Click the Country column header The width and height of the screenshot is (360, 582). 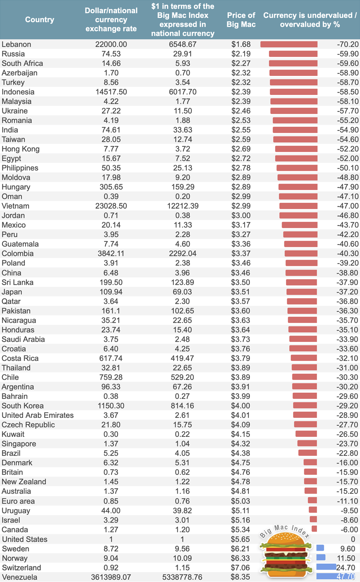click(x=39, y=19)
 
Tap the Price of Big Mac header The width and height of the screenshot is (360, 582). click(x=241, y=20)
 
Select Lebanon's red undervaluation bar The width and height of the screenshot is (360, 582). click(x=289, y=44)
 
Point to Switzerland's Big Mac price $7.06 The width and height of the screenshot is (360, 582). click(x=241, y=568)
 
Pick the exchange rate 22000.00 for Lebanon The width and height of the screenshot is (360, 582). click(x=111, y=44)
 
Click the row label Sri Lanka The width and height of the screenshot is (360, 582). click(x=18, y=282)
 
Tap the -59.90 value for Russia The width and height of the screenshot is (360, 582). click(x=347, y=54)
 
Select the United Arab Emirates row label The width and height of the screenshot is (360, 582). click(x=37, y=415)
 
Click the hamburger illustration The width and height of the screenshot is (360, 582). click(x=285, y=555)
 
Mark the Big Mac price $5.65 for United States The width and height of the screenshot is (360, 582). click(x=241, y=539)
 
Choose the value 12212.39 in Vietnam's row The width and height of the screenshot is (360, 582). click(x=183, y=206)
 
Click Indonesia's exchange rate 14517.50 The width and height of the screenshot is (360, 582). click(x=111, y=92)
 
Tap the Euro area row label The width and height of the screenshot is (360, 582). click(x=18, y=501)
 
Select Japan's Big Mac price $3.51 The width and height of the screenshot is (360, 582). click(x=241, y=292)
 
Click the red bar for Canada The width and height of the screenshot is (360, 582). click(x=314, y=529)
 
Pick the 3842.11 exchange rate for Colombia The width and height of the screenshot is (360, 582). click(x=111, y=253)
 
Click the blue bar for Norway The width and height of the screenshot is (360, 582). click(x=321, y=557)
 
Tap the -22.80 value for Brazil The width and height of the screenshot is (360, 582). click(x=347, y=453)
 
